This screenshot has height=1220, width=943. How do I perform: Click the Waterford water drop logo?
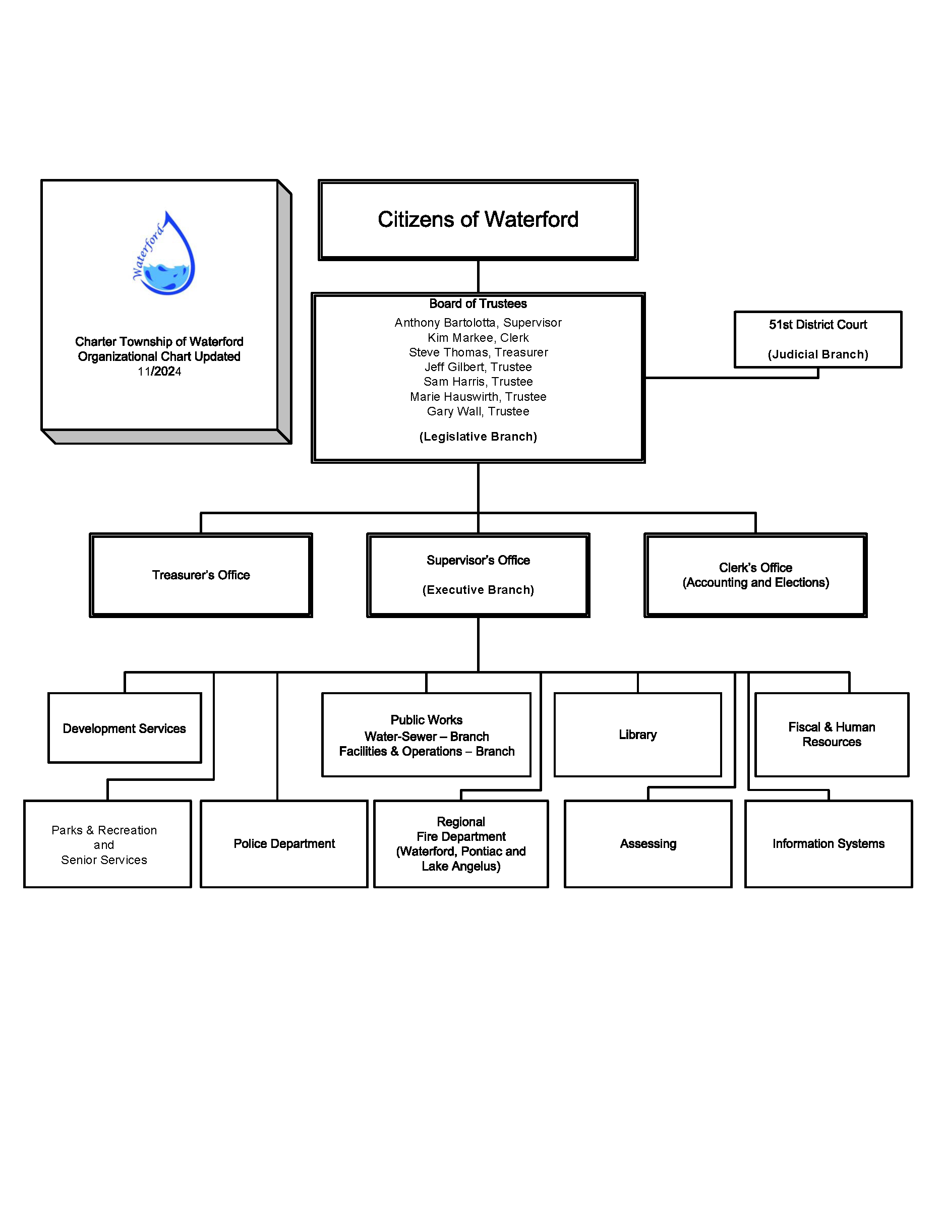pyautogui.click(x=164, y=255)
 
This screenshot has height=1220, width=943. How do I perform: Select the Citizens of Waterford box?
pyautogui.click(x=478, y=219)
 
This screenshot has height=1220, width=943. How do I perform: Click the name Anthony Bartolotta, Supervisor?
pyautogui.click(x=478, y=322)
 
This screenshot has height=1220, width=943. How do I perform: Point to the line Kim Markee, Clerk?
pyautogui.click(x=478, y=337)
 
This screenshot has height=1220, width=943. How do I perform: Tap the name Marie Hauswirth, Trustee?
pyautogui.click(x=478, y=397)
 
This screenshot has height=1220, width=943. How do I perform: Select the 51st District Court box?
pyautogui.click(x=817, y=339)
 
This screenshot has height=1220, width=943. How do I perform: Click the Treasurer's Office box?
pyautogui.click(x=201, y=575)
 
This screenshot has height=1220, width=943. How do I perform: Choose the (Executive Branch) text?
pyautogui.click(x=478, y=590)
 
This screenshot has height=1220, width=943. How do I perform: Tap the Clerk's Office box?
pyautogui.click(x=755, y=575)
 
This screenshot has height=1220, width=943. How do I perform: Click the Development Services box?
pyautogui.click(x=125, y=728)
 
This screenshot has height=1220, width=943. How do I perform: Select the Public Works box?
pyautogui.click(x=426, y=735)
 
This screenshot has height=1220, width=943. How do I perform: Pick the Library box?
pyautogui.click(x=637, y=735)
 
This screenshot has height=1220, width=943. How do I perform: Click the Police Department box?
pyautogui.click(x=284, y=843)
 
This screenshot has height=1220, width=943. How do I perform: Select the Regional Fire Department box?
pyautogui.click(x=461, y=843)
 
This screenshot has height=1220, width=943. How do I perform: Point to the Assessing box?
pyautogui.click(x=648, y=843)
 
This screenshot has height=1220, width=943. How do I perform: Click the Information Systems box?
pyautogui.click(x=828, y=843)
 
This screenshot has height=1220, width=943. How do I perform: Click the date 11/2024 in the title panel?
pyautogui.click(x=159, y=372)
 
